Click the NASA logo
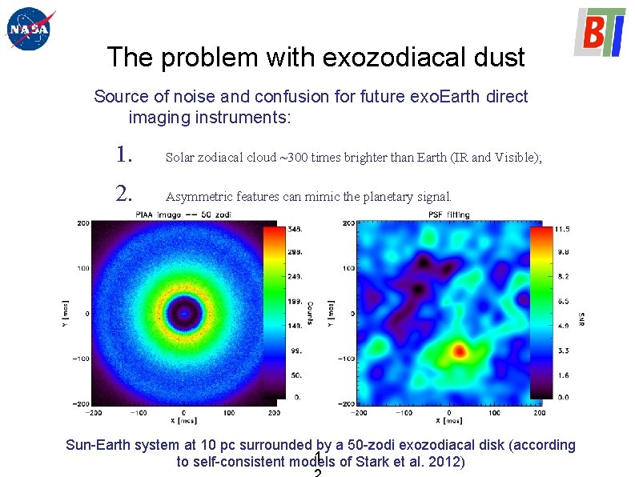pos(28,30)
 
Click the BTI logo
pos(599,32)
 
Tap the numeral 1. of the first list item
pos(123,154)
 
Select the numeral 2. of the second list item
pos(123,193)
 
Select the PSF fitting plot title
pos(448,214)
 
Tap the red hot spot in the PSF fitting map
pos(459,350)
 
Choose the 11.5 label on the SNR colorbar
pos(562,230)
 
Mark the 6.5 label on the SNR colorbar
pos(562,302)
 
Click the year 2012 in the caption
pos(446,463)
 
